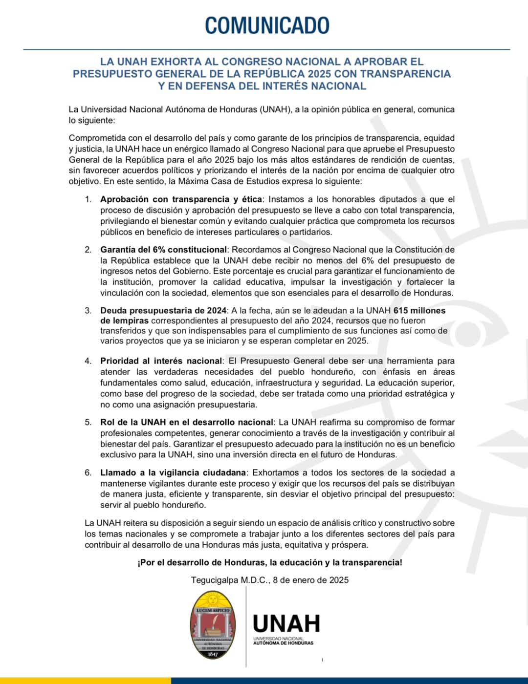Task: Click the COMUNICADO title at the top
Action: [267, 25]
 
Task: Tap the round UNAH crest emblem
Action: [213, 624]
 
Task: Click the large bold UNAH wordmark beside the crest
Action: [286, 624]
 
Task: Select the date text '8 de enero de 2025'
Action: [311, 580]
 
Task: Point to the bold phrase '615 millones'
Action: [419, 310]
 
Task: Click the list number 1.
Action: [88, 199]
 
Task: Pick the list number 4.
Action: [88, 361]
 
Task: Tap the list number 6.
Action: [88, 472]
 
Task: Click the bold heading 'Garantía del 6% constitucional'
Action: [163, 250]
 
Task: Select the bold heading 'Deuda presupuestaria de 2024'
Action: [163, 310]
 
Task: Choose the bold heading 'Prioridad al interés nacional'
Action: [161, 361]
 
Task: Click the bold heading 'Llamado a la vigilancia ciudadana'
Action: [173, 472]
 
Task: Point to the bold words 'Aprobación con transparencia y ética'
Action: [181, 199]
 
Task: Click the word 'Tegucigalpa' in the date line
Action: [214, 580]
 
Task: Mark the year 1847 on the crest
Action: [213, 654]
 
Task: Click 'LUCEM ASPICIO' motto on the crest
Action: [213, 610]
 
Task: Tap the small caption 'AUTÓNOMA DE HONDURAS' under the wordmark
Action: [283, 643]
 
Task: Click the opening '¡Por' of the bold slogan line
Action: [146, 562]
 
